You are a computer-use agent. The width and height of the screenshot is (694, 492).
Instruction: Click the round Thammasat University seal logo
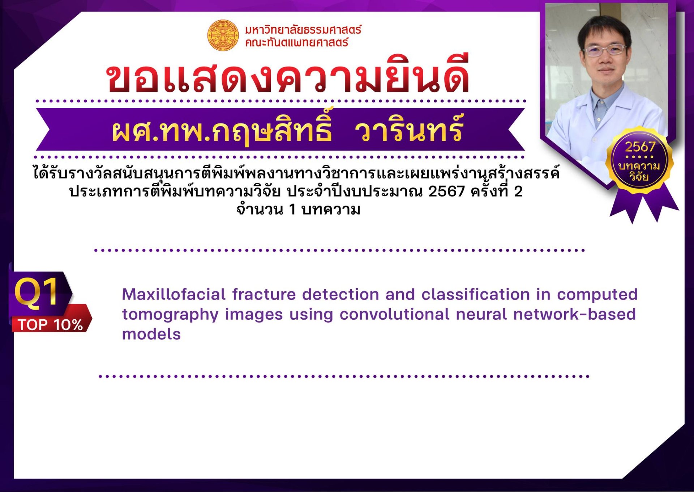point(223,35)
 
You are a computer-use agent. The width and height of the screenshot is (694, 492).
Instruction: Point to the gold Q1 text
point(36,293)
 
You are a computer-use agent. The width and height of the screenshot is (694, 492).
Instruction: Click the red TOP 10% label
point(51,325)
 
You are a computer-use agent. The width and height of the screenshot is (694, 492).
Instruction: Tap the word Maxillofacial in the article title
point(174,294)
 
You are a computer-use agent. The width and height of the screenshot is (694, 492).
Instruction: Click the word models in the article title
point(151,334)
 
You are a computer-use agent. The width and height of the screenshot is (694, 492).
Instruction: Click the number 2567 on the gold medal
point(640,147)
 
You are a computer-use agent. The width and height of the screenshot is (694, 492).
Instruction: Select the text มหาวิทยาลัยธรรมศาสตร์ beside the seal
point(303,29)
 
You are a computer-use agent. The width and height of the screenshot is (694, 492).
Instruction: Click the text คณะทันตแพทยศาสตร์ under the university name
point(297,42)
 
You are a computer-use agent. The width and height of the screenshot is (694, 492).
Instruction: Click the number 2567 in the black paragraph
point(446,192)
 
